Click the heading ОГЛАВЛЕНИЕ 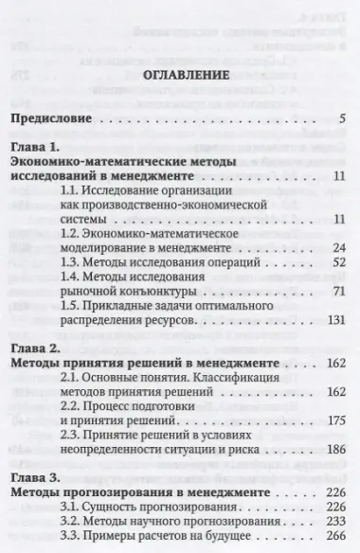click(x=180, y=73)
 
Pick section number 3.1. click(x=97, y=509)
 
